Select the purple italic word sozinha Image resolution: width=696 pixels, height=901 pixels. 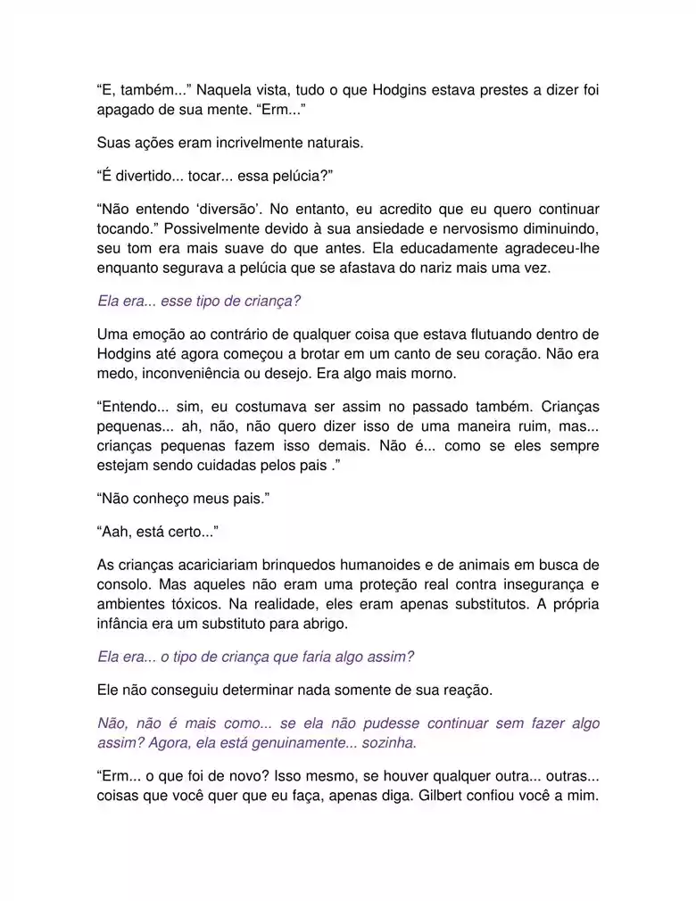click(x=387, y=742)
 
